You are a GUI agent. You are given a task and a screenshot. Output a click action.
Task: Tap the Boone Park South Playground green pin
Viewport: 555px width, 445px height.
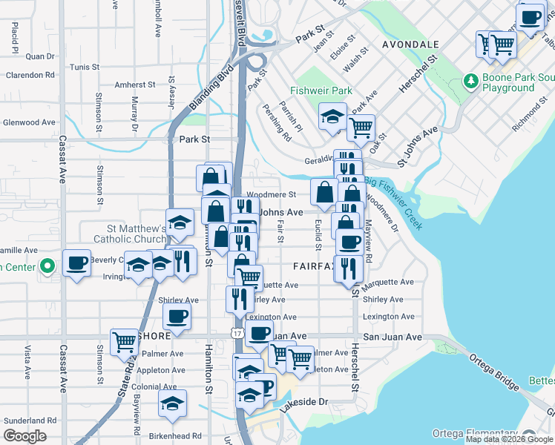point(470,80)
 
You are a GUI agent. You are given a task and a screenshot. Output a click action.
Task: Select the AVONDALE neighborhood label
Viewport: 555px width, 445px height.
point(410,44)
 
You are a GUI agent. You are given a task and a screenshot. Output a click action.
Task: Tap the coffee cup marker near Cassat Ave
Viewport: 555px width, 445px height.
point(76,263)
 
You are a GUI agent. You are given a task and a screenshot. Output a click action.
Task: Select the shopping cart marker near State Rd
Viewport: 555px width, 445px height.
point(124,342)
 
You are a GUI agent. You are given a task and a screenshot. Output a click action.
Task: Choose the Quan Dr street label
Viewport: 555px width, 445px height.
point(40,56)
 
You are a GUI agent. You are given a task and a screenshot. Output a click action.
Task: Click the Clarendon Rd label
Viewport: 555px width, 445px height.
point(30,75)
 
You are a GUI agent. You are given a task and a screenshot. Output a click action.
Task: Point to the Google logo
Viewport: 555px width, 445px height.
point(24,435)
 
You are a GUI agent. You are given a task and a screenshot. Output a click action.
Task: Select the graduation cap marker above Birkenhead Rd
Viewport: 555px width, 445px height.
point(173,403)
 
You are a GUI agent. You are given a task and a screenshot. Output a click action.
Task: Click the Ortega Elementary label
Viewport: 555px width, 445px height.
point(475,433)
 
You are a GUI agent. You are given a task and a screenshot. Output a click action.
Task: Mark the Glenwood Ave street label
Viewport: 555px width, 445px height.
point(29,122)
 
